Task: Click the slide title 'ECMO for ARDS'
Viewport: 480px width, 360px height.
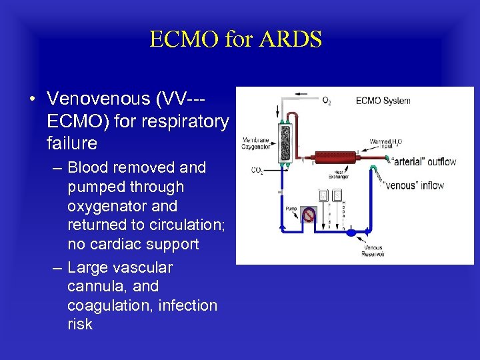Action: coord(235,39)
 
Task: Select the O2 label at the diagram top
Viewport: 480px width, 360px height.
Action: coord(327,101)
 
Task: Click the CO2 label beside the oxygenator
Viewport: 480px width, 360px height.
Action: coord(257,171)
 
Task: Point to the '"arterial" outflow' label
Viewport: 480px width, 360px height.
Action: coord(422,162)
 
